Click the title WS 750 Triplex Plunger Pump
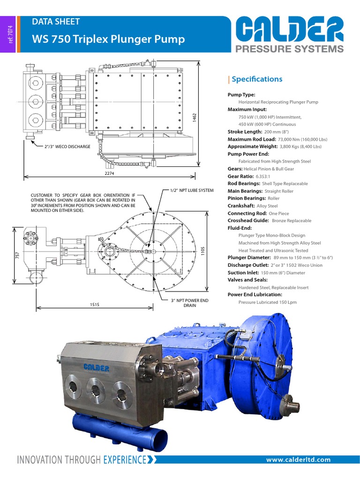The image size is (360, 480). click(x=108, y=39)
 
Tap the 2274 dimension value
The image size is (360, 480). click(x=110, y=173)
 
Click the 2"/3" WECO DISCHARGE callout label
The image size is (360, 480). click(x=67, y=147)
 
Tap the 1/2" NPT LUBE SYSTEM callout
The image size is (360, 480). click(x=192, y=190)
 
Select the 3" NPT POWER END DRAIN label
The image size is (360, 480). click(x=189, y=302)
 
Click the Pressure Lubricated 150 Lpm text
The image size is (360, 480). click(x=267, y=302)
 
